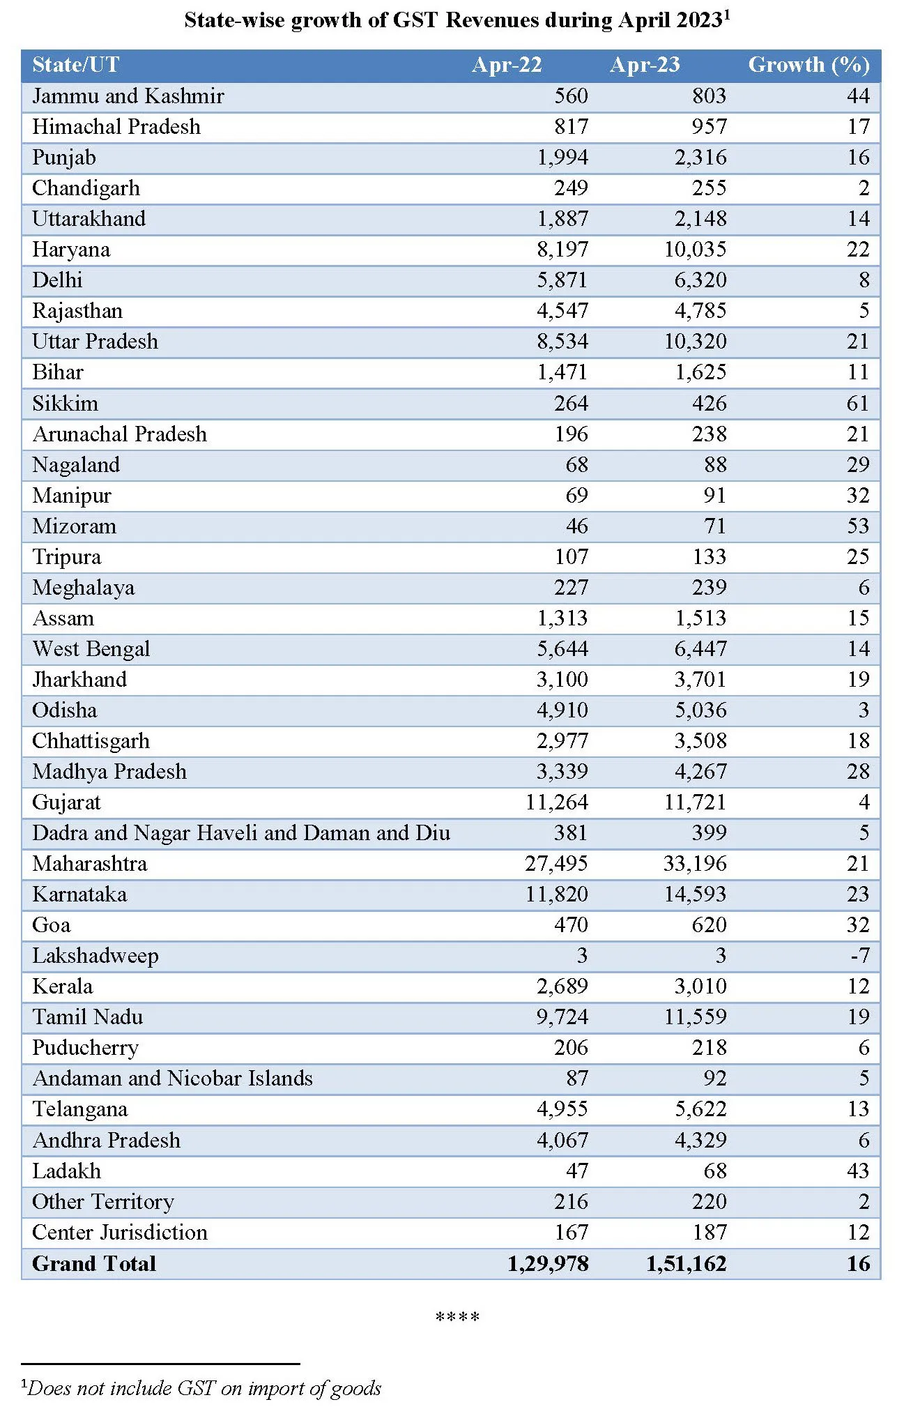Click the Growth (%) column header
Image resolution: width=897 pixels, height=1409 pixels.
[808, 65]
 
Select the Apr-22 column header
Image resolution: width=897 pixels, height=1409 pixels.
[507, 65]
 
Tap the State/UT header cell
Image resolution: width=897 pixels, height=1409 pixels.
[76, 65]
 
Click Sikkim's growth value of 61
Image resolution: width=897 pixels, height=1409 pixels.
[857, 404]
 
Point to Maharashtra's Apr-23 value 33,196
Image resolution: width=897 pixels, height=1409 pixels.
[695, 864]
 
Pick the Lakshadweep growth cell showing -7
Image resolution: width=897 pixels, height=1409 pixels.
[859, 956]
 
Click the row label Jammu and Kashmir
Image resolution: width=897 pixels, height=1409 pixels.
[128, 96]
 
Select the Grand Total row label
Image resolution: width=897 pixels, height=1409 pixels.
[94, 1264]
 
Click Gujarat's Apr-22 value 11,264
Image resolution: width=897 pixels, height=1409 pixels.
[557, 802]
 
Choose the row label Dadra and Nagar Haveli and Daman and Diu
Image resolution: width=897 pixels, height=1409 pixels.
[241, 833]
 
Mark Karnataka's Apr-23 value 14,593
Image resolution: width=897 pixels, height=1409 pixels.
[695, 894]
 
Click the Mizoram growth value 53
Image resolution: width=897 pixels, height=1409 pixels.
[857, 526]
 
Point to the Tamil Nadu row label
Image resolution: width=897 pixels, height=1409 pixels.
[88, 1017]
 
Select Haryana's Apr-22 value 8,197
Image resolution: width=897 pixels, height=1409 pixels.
[562, 250]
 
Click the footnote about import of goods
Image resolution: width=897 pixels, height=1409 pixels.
[202, 1388]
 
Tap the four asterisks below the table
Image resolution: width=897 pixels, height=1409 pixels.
[457, 1317]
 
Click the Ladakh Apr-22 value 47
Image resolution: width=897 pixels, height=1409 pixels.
[576, 1171]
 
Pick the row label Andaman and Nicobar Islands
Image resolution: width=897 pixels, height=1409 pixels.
[173, 1079]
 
